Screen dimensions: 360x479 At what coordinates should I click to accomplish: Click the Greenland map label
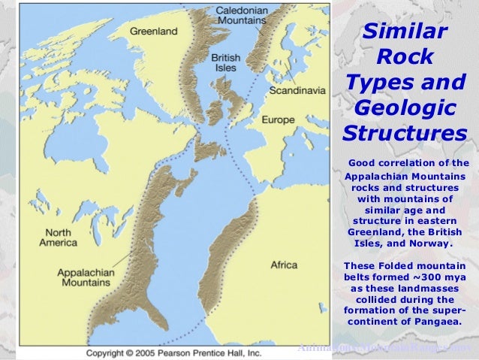click(154, 32)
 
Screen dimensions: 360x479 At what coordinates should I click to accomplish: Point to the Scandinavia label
click(299, 90)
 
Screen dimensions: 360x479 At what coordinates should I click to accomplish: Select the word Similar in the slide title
click(405, 32)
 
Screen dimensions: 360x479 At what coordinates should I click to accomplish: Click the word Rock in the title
click(405, 56)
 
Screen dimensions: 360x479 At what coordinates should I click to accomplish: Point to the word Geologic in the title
click(405, 107)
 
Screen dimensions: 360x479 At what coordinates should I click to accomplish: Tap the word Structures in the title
click(405, 133)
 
